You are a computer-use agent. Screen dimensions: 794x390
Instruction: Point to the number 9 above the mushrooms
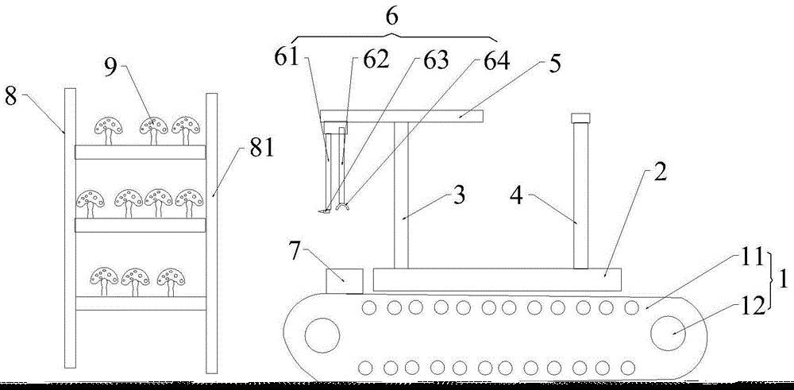pos(111,68)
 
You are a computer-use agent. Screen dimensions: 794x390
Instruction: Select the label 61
pos(287,57)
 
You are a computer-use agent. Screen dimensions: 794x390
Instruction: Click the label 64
pos(496,60)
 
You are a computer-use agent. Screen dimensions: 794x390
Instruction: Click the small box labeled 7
pos(345,281)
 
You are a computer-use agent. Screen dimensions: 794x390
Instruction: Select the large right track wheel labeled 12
pos(673,334)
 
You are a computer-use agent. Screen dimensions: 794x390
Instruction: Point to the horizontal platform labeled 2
pos(497,280)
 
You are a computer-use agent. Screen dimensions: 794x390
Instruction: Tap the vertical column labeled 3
pos(401,195)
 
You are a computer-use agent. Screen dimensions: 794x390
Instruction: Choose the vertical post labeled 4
pos(581,195)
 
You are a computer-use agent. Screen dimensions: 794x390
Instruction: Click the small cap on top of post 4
pos(581,118)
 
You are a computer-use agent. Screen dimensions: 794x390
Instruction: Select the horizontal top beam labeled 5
pos(402,116)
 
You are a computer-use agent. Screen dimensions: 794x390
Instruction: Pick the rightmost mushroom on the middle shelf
pos(190,203)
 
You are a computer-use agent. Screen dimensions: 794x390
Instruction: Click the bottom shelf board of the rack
pos(141,303)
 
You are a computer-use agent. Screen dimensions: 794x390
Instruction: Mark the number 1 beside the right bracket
pos(784,280)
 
